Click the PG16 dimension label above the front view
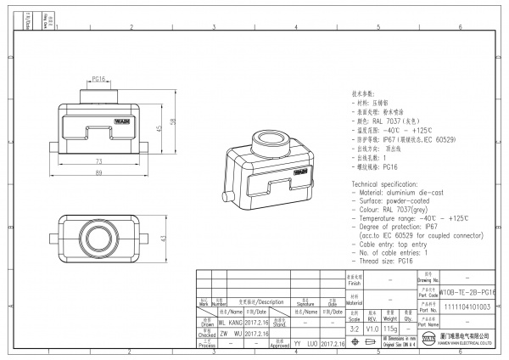pyautogui.click(x=98, y=78)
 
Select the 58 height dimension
pyautogui.click(x=172, y=122)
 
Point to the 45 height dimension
pyautogui.click(x=159, y=128)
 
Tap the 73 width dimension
pyautogui.click(x=98, y=160)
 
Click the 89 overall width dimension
pyautogui.click(x=98, y=172)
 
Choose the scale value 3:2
pyautogui.click(x=354, y=327)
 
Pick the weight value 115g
pyautogui.click(x=390, y=327)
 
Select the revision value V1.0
pyautogui.click(x=372, y=327)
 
